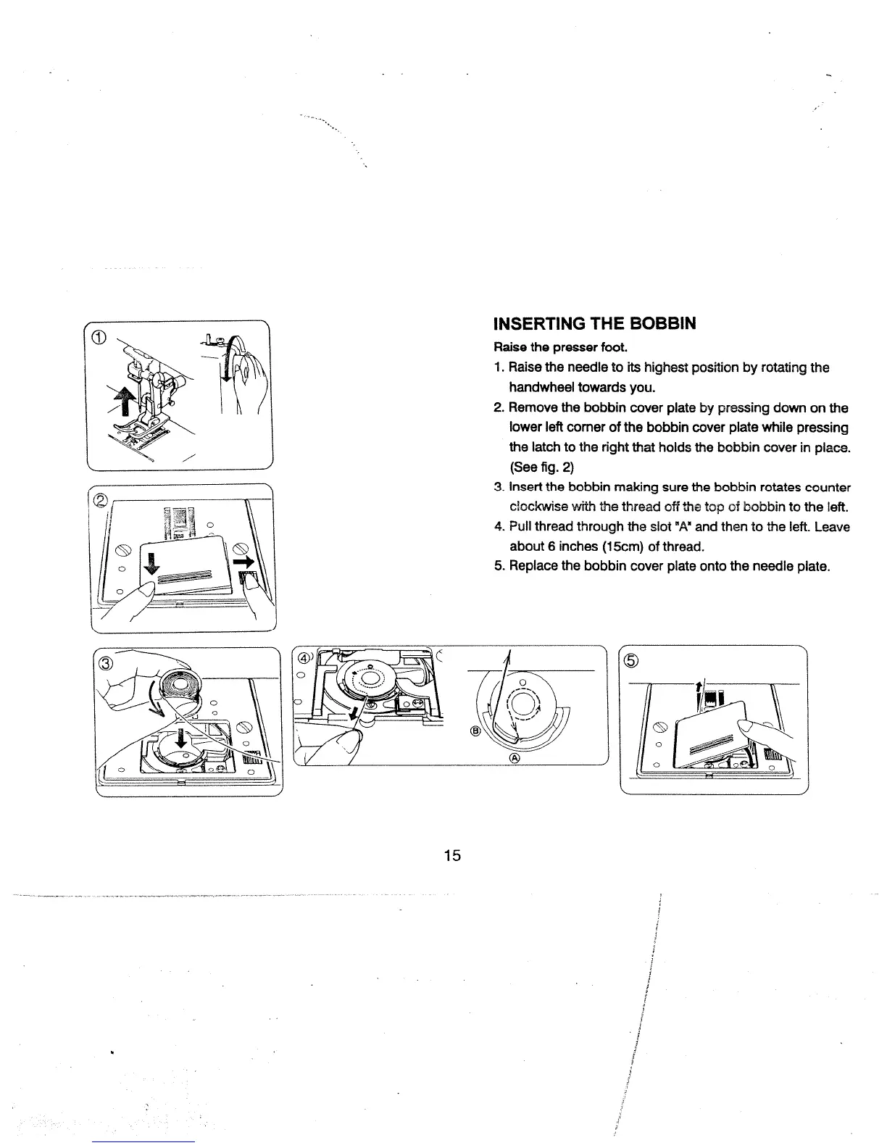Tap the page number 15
pos(452,855)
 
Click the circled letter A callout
pos(515,758)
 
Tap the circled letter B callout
pos(475,731)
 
